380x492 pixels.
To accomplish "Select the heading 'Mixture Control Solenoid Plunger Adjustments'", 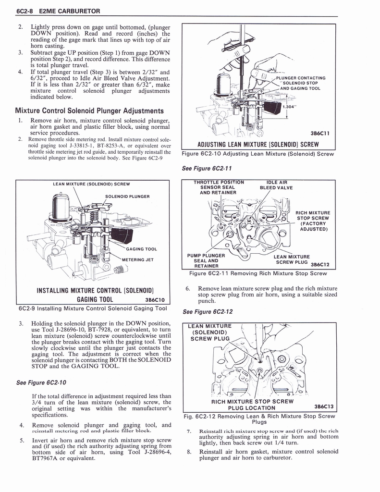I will (x=89, y=111).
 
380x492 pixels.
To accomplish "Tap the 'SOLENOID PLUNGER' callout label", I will (x=127, y=196).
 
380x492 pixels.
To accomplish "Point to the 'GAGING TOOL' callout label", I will (x=141, y=249).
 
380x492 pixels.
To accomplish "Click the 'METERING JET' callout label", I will (x=137, y=260).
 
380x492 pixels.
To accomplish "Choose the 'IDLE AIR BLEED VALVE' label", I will (x=276, y=185).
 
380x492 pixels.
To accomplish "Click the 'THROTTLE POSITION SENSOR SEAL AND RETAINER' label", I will (x=219, y=187).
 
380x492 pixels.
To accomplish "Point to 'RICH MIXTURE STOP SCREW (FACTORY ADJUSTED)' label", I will (x=313, y=221).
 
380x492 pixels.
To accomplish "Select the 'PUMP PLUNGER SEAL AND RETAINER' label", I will (x=206, y=260).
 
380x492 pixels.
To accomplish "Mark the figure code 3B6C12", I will (x=320, y=264).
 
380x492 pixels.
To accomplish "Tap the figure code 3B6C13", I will (x=323, y=405).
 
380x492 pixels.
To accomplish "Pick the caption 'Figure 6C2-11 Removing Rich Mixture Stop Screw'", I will (x=258, y=273).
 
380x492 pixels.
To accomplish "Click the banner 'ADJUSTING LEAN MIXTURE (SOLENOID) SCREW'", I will (x=259, y=144).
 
